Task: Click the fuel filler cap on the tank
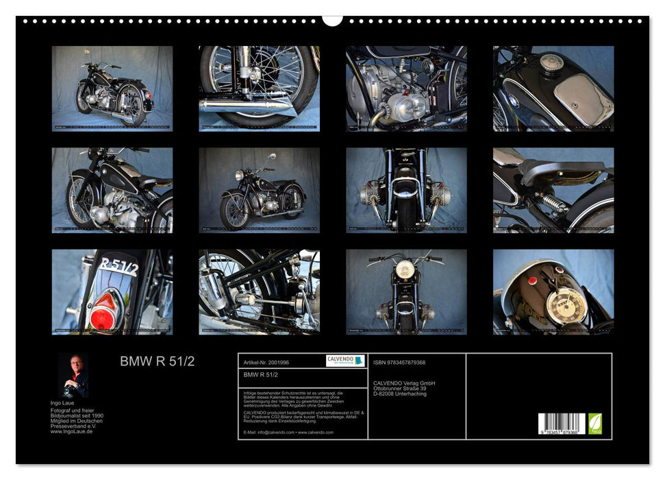[x=551, y=63]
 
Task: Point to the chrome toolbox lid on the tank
[x=582, y=100]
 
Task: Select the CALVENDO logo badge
[x=345, y=361]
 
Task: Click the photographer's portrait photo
[x=73, y=376]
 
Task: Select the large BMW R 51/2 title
[x=157, y=361]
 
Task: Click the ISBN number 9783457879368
[x=399, y=362]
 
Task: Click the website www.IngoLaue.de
[x=71, y=431]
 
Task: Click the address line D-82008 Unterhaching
[x=400, y=394]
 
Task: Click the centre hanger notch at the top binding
[x=333, y=20]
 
